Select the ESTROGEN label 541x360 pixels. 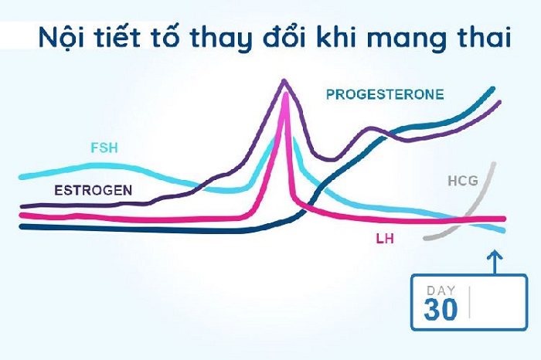click(93, 189)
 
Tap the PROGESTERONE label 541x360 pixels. click(384, 95)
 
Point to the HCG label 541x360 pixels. click(462, 182)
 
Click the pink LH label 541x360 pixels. click(384, 239)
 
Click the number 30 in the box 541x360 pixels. click(441, 309)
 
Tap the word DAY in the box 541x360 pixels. click(441, 290)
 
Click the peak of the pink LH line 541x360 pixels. click(287, 93)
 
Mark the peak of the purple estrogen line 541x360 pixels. click(285, 80)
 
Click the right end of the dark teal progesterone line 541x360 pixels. click(493, 89)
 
